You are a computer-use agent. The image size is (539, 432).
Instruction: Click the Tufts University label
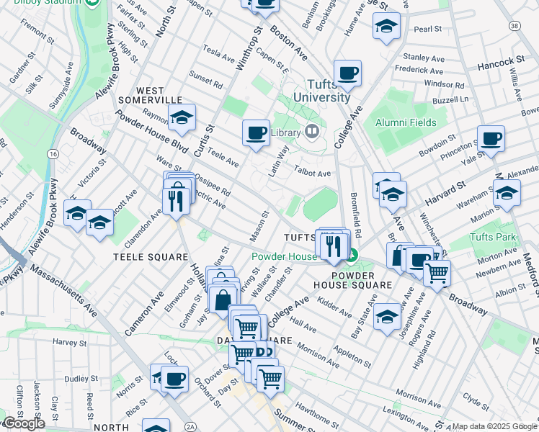322,91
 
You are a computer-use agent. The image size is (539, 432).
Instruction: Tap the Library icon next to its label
312,131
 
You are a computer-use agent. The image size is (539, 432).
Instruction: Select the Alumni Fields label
406,122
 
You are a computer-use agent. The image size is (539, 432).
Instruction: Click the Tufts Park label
492,237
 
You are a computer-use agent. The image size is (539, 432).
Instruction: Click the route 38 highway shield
514,26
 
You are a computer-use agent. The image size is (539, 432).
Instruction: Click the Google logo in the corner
23,423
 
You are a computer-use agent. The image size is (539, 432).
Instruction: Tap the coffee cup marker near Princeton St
491,138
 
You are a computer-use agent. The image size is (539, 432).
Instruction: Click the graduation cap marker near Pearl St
386,26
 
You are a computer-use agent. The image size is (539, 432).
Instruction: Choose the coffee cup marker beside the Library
256,132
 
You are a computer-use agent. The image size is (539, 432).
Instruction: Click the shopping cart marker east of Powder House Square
437,272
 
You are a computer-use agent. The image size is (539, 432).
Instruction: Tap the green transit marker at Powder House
352,255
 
